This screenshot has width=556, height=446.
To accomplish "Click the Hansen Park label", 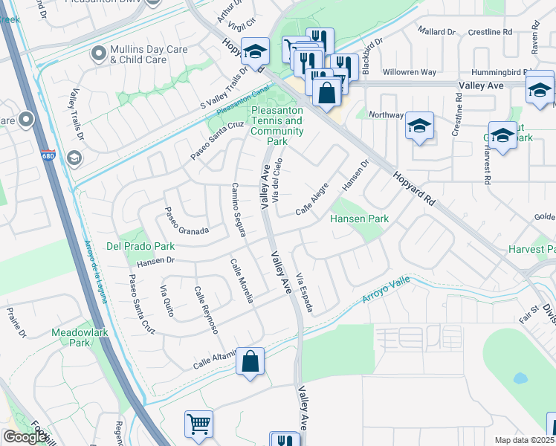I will pos(360,219).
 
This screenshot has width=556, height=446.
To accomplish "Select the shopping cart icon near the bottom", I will pos(198,424).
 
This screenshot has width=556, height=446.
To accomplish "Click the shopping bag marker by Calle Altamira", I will pos(251,362).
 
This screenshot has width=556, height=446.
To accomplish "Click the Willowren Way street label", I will pos(409,73).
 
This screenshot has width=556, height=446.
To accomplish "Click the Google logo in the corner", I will pos(25,436).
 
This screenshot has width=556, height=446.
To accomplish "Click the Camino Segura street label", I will pos(239,210).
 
